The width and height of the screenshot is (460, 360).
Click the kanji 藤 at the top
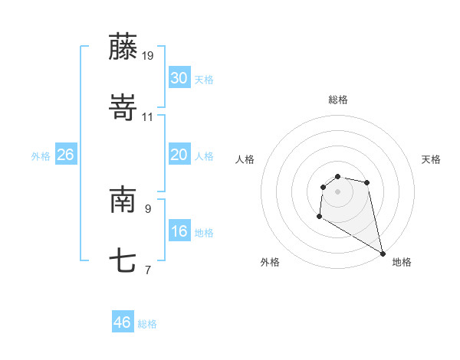[x=123, y=47]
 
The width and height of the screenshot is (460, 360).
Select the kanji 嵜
[x=123, y=108]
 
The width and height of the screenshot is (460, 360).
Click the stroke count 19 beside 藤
[x=148, y=55]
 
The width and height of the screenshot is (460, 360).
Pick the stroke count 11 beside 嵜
[x=148, y=116]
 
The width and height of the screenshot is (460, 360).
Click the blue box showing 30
[x=179, y=78]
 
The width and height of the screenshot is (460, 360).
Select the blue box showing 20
[x=179, y=155]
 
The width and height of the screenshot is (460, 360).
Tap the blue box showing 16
[x=179, y=231]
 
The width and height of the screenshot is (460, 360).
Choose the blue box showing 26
[x=65, y=155]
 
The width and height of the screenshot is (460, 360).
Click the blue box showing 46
[x=122, y=322]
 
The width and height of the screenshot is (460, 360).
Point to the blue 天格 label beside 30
[x=204, y=80]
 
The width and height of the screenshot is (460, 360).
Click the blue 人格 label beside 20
[x=204, y=156]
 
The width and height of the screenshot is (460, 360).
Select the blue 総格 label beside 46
[x=147, y=324]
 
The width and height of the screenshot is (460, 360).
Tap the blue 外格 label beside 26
[x=41, y=156]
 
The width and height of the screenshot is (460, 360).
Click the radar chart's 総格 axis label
[x=338, y=100]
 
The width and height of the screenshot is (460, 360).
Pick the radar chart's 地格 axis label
[x=402, y=262]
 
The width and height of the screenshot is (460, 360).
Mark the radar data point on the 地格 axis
[x=383, y=253]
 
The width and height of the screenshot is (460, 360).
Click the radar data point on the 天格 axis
[x=367, y=182]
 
